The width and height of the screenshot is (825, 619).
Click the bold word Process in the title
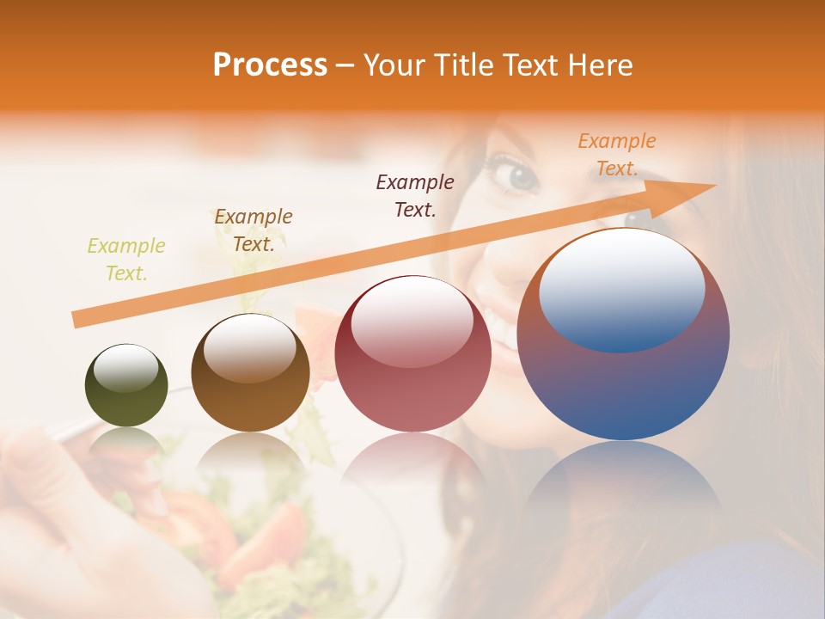(x=270, y=65)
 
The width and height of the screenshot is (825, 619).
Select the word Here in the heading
(x=601, y=65)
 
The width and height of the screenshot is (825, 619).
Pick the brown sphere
(x=250, y=373)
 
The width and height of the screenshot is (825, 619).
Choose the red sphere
(x=412, y=353)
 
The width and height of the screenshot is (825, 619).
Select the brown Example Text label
(x=253, y=230)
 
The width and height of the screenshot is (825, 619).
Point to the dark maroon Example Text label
(x=415, y=196)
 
